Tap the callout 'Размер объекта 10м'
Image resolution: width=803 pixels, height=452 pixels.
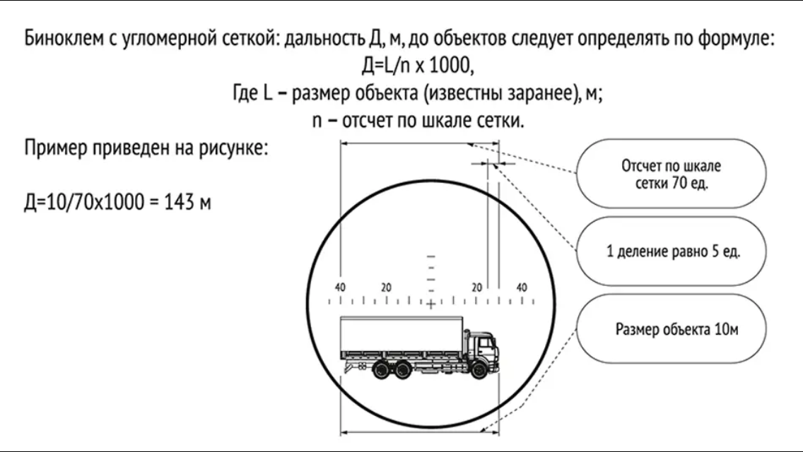coord(676,329)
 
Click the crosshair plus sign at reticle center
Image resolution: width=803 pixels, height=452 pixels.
coord(430,304)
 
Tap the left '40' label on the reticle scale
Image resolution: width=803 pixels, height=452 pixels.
coord(341,287)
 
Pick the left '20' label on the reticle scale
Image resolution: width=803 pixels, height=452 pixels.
coord(386,287)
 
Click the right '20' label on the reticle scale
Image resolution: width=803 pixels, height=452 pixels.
coord(476,287)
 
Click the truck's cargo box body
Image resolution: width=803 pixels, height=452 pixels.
coord(400,338)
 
